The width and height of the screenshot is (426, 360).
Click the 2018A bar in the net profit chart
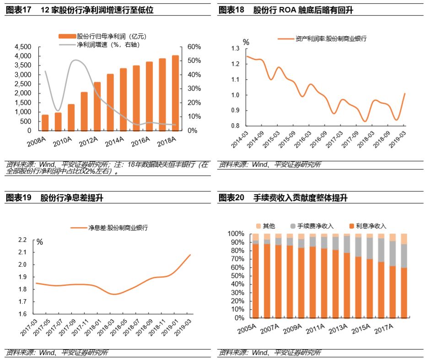(162, 94)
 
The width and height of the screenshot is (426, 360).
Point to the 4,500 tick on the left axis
(23, 47)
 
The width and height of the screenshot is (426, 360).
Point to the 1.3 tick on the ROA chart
(236, 49)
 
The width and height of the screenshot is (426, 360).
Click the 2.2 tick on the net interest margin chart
(22, 240)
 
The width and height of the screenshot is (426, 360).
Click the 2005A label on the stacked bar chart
(247, 328)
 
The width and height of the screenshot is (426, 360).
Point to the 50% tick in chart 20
(236, 276)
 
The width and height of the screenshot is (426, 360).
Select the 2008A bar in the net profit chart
(45, 122)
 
